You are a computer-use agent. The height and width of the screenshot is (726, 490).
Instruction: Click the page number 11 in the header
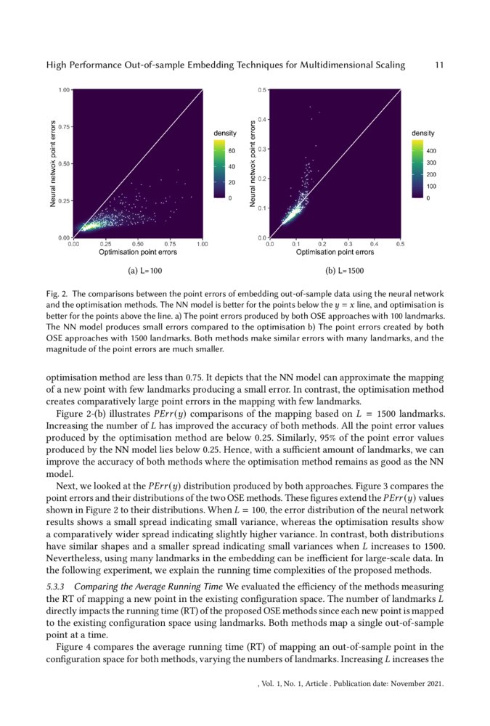(x=438, y=65)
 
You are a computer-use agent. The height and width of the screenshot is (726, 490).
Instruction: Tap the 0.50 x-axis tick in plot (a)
(x=138, y=244)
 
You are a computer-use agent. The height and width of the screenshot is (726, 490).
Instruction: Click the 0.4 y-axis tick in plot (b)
(x=263, y=119)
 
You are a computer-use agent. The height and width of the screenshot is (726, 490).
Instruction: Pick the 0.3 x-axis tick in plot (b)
(x=348, y=244)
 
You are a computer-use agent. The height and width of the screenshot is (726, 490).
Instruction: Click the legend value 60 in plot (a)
(x=233, y=151)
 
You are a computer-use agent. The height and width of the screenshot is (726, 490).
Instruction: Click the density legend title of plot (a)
(x=224, y=134)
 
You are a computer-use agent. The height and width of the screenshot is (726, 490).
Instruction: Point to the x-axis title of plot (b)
(x=335, y=253)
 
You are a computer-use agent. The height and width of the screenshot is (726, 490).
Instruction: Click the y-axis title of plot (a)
(x=54, y=164)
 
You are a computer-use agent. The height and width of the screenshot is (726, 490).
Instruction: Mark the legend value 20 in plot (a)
(x=233, y=182)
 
